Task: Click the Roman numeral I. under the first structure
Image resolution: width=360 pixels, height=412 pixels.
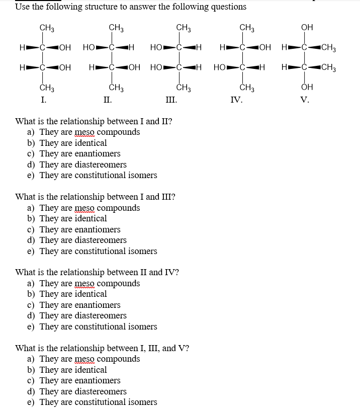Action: (x=44, y=100)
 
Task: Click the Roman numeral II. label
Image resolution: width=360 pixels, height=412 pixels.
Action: (x=107, y=100)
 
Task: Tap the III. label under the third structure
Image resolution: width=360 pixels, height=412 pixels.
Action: (x=171, y=100)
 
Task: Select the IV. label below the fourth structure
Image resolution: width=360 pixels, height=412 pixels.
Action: (x=236, y=100)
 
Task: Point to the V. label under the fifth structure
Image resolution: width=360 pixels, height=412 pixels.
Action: (x=304, y=100)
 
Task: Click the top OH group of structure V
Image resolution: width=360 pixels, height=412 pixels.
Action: (x=307, y=27)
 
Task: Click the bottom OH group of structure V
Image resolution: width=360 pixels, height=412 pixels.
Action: (x=307, y=87)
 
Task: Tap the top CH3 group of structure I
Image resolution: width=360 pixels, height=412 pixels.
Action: (x=47, y=27)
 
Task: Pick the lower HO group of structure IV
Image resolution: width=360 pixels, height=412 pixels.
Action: (x=220, y=67)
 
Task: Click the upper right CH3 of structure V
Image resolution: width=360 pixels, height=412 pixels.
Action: (x=328, y=48)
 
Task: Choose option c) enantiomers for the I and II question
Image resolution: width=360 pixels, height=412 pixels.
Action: (x=80, y=153)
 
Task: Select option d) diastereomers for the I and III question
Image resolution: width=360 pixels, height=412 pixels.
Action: (x=83, y=240)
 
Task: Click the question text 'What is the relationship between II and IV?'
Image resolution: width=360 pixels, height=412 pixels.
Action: (x=97, y=272)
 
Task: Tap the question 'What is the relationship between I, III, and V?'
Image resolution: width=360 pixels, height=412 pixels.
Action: (x=102, y=348)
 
